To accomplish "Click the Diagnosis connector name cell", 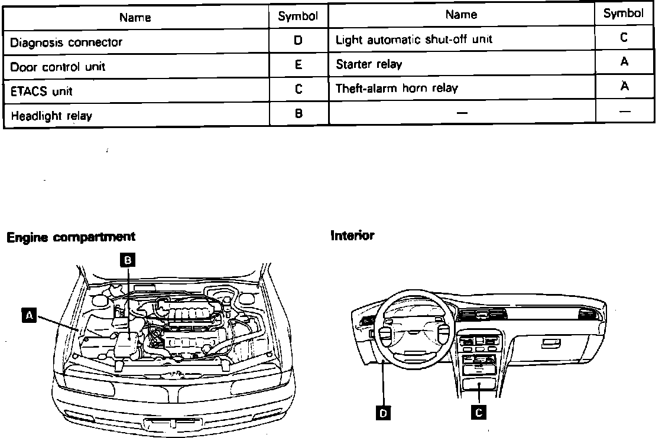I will [x=66, y=43].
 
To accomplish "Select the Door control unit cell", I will [x=57, y=67].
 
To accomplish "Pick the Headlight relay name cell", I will [x=51, y=116].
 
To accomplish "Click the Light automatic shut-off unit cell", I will [x=414, y=40].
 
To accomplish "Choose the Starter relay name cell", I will [x=369, y=64].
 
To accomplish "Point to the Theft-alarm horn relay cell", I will [x=397, y=89].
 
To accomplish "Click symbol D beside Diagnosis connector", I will [x=298, y=41].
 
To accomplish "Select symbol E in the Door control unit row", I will [x=298, y=66].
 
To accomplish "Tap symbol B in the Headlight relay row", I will [x=298, y=115].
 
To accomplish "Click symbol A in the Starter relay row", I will [x=624, y=61].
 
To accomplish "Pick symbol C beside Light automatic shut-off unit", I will [x=624, y=38].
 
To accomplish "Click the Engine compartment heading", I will [x=70, y=237].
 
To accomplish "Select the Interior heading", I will [x=352, y=236].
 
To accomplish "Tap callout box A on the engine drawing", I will [x=27, y=316].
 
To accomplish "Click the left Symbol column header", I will [x=298, y=17].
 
